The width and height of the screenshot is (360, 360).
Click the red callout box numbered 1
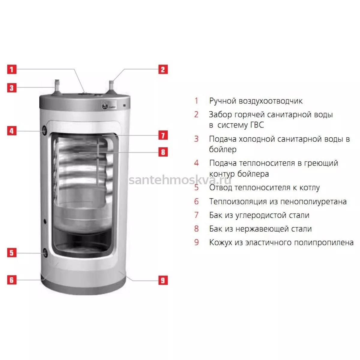tap(12, 69)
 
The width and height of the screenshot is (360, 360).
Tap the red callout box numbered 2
tap(163, 69)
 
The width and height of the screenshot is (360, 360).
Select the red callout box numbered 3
tap(12, 88)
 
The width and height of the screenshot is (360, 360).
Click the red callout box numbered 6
tap(12, 280)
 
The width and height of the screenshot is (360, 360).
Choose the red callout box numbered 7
tap(163, 135)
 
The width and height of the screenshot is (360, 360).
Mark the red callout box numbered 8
tap(163, 152)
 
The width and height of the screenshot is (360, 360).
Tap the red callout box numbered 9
tap(163, 280)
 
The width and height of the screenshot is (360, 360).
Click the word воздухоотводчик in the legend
tap(271, 101)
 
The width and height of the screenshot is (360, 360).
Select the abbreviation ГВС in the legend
tap(257, 125)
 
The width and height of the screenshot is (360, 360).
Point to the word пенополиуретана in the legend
tap(313, 202)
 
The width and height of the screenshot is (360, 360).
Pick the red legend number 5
tap(196, 187)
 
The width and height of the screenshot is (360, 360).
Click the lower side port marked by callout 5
tap(45, 253)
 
